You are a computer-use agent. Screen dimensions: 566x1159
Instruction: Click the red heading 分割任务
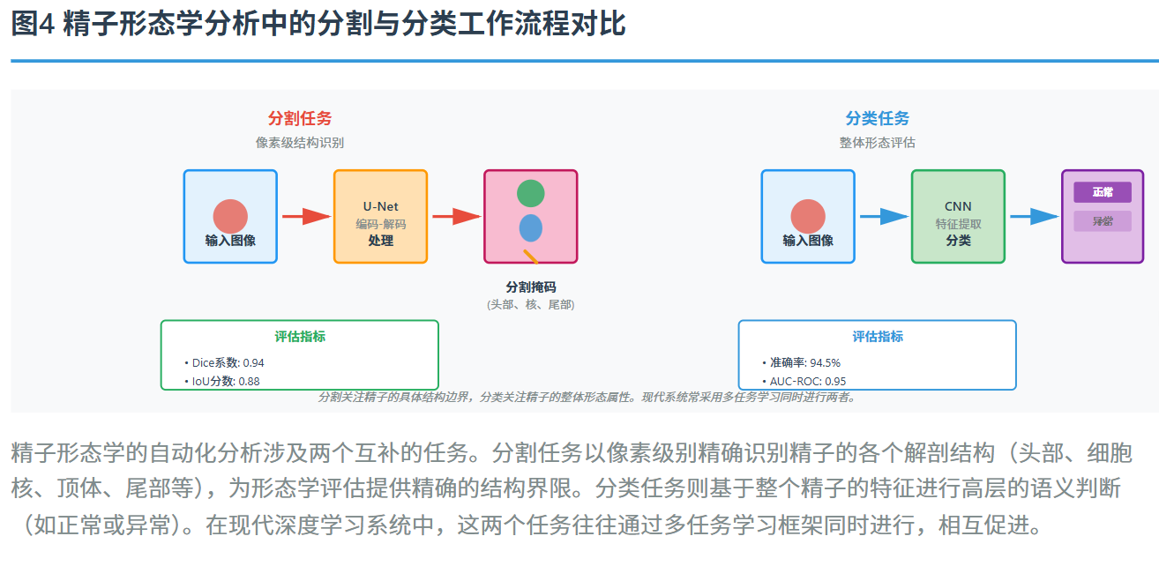[300, 119]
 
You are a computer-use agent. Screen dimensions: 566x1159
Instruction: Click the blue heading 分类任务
[878, 119]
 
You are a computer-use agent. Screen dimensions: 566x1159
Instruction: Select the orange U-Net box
[380, 217]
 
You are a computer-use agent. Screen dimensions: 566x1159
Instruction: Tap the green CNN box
[958, 217]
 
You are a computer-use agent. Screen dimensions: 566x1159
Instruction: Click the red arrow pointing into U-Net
[305, 216]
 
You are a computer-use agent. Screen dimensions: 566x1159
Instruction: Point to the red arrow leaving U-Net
[455, 216]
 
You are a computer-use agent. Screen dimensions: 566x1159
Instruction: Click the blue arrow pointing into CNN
[883, 216]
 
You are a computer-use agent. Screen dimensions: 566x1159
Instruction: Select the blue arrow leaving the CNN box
[1033, 216]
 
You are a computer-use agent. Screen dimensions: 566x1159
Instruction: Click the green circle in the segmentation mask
[530, 193]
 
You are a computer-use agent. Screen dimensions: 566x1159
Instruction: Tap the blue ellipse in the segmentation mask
[530, 227]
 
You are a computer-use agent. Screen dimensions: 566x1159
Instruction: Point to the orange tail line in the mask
[531, 257]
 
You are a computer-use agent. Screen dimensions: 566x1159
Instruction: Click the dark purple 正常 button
[1103, 192]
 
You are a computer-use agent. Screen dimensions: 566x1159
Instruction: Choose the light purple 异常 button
[1103, 221]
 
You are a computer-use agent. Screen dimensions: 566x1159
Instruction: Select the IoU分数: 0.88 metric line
[226, 382]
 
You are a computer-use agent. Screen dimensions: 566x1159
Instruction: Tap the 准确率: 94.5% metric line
[804, 362]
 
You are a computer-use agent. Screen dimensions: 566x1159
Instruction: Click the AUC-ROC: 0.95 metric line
[807, 382]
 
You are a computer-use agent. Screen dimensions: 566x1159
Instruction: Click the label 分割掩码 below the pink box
[531, 287]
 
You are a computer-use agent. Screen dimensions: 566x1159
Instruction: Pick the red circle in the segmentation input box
[230, 217]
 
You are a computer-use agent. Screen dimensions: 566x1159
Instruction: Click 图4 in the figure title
[34, 25]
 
